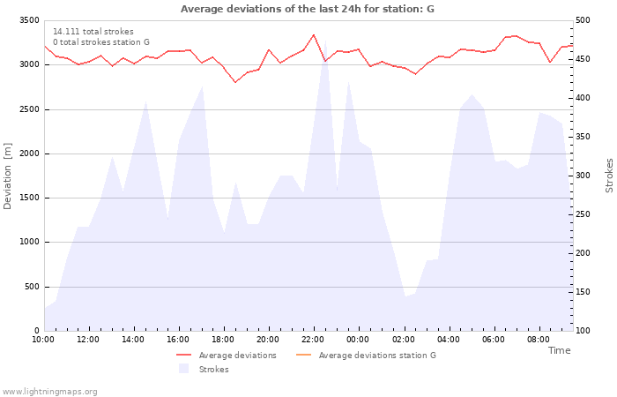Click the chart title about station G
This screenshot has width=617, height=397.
(x=308, y=9)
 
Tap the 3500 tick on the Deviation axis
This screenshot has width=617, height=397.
(x=29, y=20)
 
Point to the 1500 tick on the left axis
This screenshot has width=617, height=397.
(x=29, y=198)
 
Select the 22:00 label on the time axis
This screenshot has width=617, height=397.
(x=313, y=340)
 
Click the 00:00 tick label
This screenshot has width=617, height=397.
(x=358, y=340)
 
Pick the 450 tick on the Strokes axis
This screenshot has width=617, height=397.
(x=583, y=59)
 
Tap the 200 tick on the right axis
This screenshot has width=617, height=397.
(x=583, y=253)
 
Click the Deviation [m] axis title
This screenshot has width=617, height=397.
(x=7, y=176)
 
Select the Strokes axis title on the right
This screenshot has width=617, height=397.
(x=609, y=176)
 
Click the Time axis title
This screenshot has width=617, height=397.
(x=559, y=350)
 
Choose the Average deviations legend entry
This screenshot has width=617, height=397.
(x=227, y=356)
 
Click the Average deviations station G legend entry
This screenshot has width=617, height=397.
(x=366, y=356)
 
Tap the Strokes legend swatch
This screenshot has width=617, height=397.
(x=183, y=369)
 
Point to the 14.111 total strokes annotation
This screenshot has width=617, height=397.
(x=93, y=32)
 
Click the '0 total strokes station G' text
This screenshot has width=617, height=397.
(x=101, y=42)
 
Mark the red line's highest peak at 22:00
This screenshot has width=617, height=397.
(x=314, y=34)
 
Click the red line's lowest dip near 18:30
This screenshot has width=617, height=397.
(x=235, y=82)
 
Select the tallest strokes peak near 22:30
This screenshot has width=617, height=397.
(x=325, y=41)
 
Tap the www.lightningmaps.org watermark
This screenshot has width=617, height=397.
(x=49, y=392)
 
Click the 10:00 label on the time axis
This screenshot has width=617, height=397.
(x=43, y=340)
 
